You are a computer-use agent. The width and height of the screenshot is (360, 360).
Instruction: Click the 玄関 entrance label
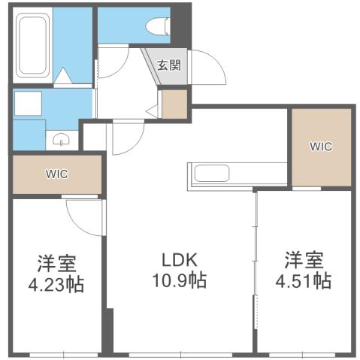[169, 65]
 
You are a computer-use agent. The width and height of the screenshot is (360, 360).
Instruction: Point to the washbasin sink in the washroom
[62, 139]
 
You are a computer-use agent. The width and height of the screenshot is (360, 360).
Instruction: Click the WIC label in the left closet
[56, 174]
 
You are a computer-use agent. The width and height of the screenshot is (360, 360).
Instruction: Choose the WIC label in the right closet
[321, 147]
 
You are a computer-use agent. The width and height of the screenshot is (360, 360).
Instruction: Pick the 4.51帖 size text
[304, 281]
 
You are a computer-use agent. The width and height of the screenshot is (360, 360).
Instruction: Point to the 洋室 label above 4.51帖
[304, 261]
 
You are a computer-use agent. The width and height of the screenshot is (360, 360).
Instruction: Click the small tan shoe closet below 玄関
[174, 104]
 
